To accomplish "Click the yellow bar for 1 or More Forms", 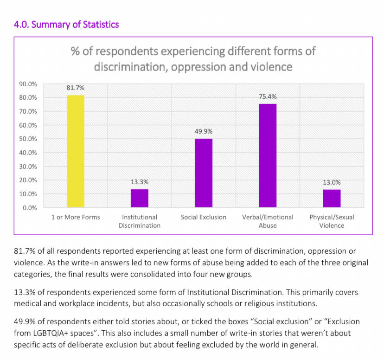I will tap(76, 151).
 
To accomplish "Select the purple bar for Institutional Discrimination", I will tap(140, 198).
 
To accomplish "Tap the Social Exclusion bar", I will tap(204, 173).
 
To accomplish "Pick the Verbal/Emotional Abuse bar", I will tap(268, 155).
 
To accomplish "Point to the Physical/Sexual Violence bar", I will tap(332, 199).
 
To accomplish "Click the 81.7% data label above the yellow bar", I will tap(76, 88).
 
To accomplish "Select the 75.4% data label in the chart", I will tap(268, 96).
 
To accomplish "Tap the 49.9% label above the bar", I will tap(204, 131).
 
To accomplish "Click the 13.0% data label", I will tap(332, 182).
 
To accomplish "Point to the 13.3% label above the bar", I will tap(140, 182).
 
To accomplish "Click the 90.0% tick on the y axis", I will tap(28, 84).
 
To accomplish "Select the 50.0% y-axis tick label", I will tap(28, 139).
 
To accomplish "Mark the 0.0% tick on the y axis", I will tap(30, 207).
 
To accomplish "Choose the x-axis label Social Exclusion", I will tap(204, 217).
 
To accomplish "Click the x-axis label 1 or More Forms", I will tap(76, 217).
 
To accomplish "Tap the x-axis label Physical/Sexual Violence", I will tap(332, 221).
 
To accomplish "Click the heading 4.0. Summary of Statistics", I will tap(67, 24).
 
